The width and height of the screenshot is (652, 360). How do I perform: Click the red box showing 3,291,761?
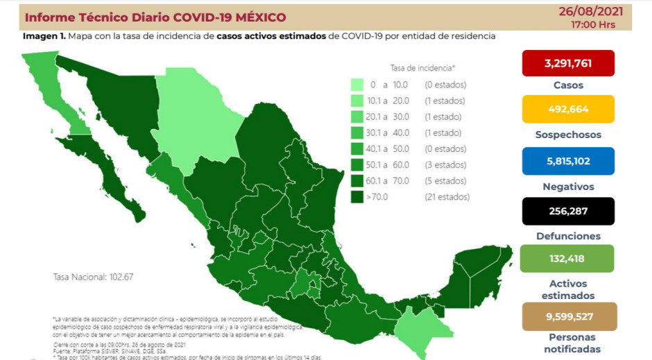[568, 63]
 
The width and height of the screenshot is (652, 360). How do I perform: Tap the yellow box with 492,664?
[568, 109]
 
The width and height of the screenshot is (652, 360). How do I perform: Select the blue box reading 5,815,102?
[568, 160]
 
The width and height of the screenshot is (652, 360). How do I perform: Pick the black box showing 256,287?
[568, 212]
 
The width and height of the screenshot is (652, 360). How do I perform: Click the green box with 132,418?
[568, 259]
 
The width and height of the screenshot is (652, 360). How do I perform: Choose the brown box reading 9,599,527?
[568, 316]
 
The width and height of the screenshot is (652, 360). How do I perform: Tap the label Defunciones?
[568, 236]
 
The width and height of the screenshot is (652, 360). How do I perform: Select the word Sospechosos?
[568, 135]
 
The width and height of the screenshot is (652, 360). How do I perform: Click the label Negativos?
[568, 186]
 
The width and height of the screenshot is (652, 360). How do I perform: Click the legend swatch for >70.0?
[358, 197]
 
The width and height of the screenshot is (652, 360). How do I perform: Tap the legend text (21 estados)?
[447, 197]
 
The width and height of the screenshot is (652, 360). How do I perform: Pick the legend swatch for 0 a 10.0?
[358, 85]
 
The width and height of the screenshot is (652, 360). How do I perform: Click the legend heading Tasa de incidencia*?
[422, 68]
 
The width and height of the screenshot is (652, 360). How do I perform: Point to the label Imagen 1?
[44, 35]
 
